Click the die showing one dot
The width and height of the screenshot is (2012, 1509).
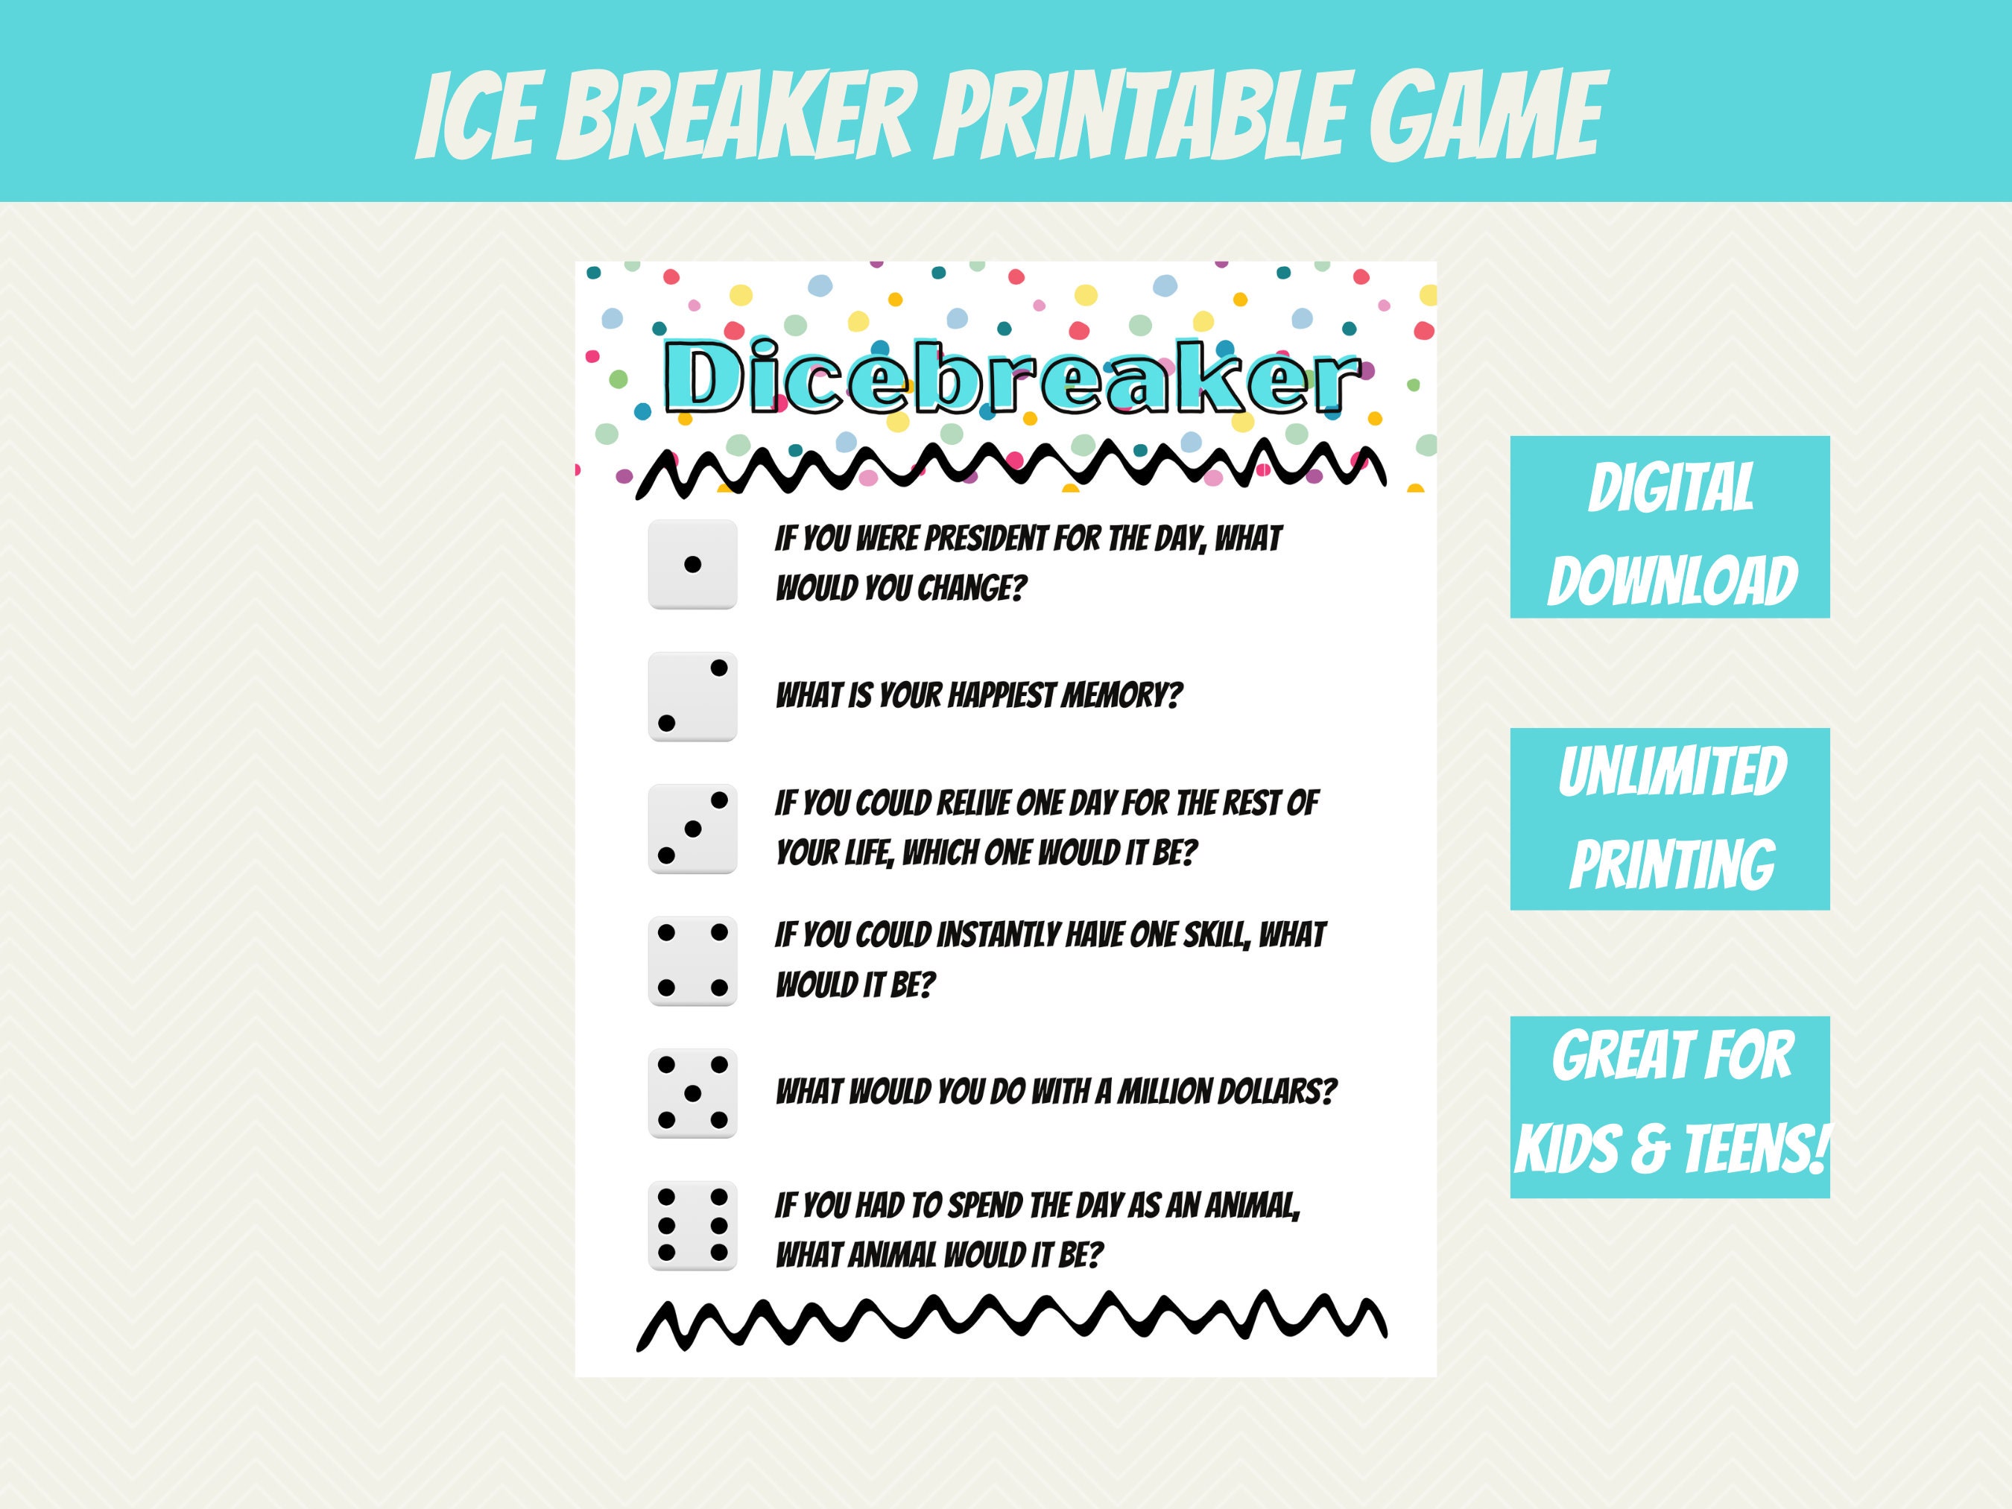[x=692, y=565]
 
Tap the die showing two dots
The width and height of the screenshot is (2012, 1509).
[x=692, y=697]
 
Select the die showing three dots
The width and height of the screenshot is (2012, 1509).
[x=692, y=829]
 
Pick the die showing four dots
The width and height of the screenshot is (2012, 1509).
[x=692, y=961]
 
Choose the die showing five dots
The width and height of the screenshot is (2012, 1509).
[x=692, y=1093]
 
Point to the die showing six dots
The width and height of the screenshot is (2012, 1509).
[x=692, y=1225]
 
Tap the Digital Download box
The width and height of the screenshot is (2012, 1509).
[x=1670, y=528]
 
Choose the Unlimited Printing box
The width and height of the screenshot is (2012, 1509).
[x=1670, y=819]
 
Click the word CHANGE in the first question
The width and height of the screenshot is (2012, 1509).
[x=969, y=589]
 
